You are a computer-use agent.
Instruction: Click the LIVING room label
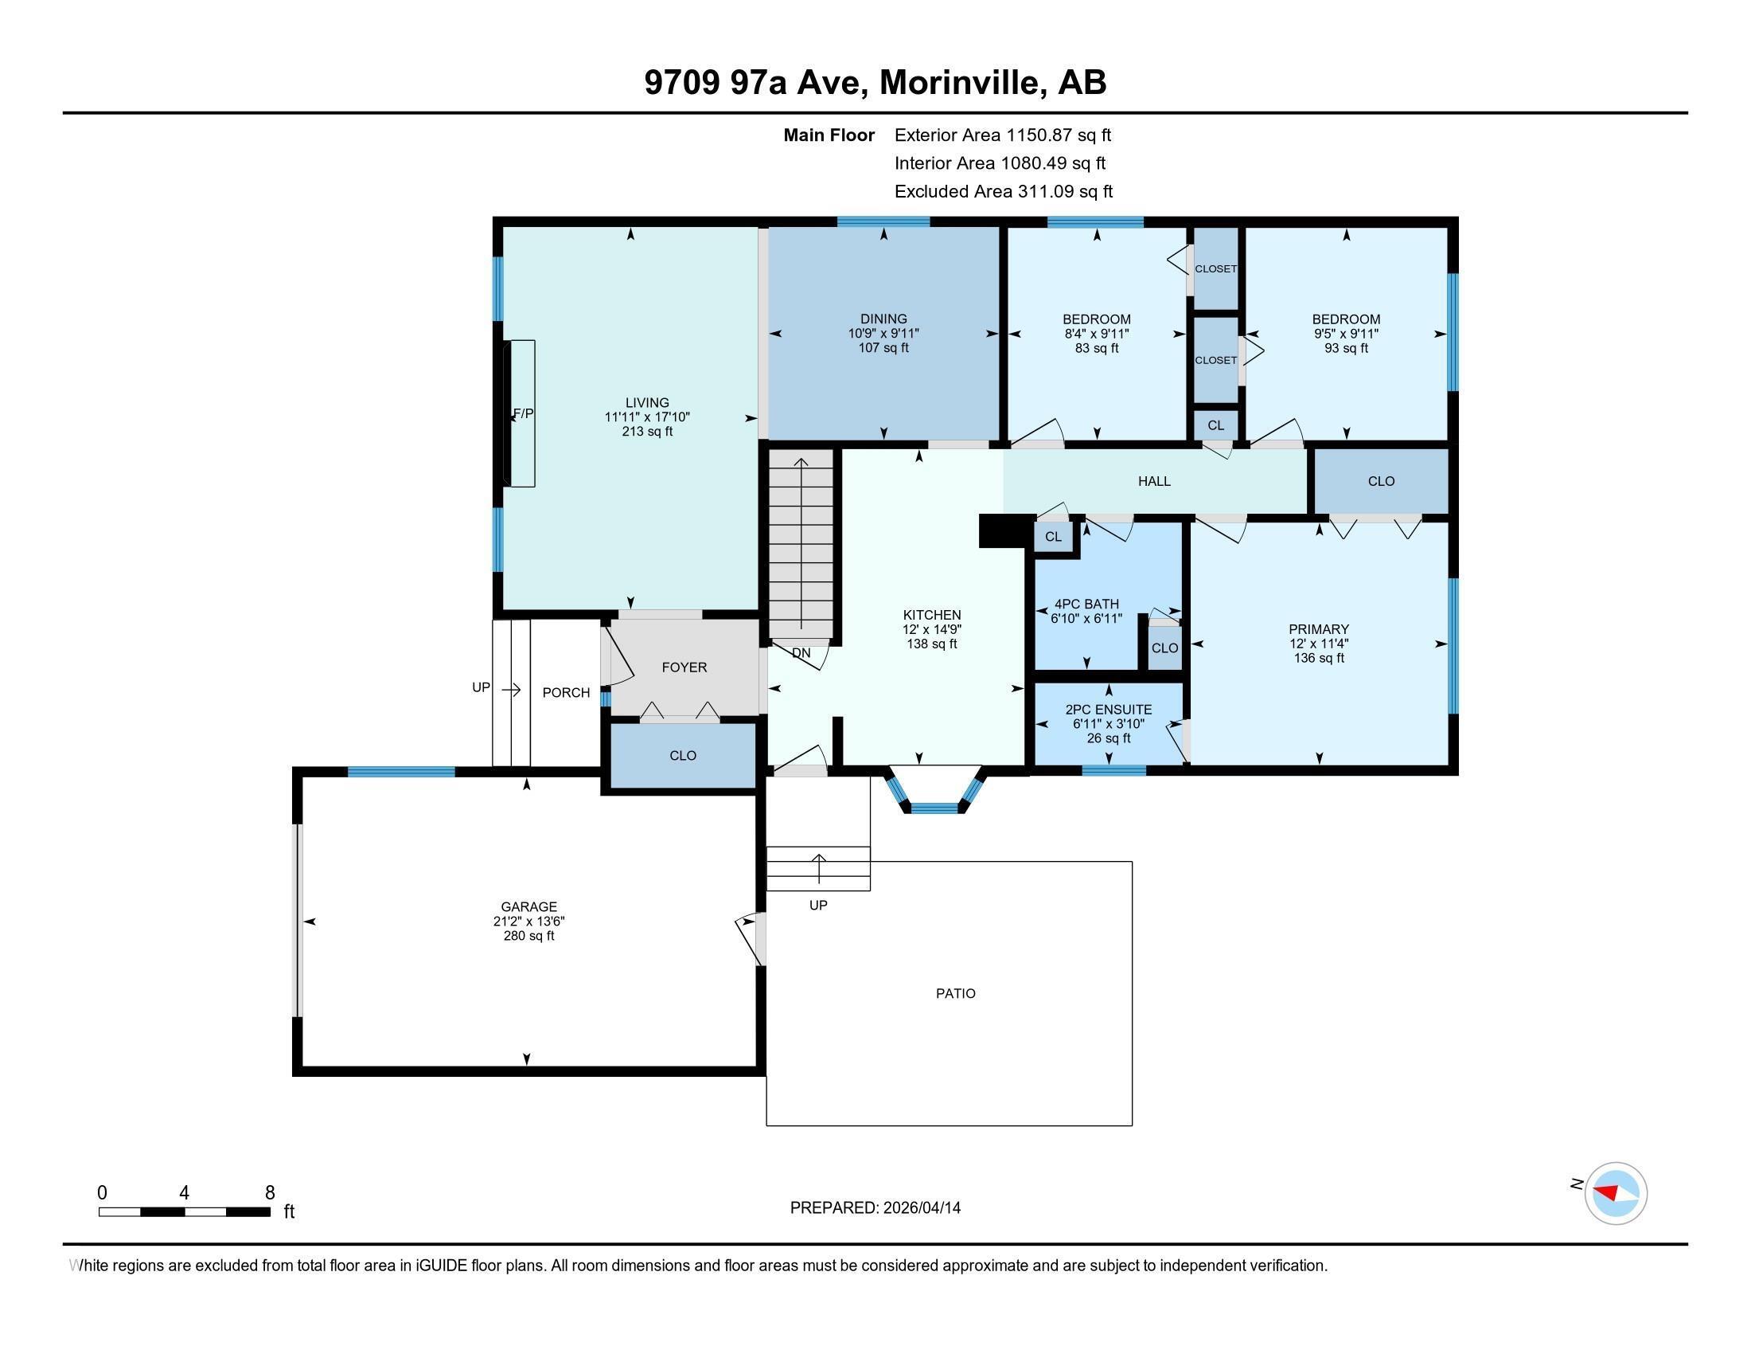coord(647,403)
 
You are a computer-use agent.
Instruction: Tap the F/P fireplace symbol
coord(522,413)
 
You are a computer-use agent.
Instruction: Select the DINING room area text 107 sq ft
coord(883,348)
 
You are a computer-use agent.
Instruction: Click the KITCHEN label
coord(932,615)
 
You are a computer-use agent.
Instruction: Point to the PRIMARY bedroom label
coord(1318,629)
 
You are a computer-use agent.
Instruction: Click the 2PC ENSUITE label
coord(1108,710)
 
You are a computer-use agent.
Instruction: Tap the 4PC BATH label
coord(1086,604)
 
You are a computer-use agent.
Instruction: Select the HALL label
coord(1154,481)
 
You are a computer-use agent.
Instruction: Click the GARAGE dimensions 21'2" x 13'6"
coord(528,922)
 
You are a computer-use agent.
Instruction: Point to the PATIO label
coord(955,993)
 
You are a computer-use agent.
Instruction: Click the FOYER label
coord(684,667)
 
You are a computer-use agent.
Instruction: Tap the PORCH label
coord(566,692)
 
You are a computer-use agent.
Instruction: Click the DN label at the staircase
coord(801,653)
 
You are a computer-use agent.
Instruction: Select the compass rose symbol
coord(1615,1193)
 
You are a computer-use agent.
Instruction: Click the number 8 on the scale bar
coord(269,1192)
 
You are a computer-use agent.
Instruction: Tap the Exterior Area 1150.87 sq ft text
coord(1002,135)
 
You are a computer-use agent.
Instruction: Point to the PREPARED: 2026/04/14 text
coord(875,1207)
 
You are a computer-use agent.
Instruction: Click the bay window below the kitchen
coord(935,802)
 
